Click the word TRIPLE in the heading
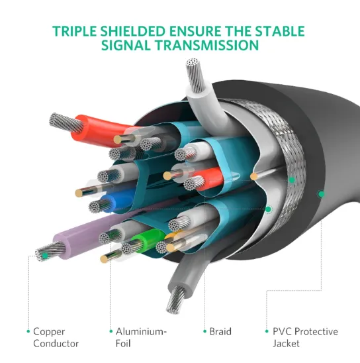pyautogui.click(x=74, y=31)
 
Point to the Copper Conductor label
pyautogui.click(x=56, y=337)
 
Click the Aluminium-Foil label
pyautogui.click(x=141, y=337)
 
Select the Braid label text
pyautogui.click(x=220, y=331)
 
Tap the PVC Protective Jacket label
pyautogui.click(x=305, y=337)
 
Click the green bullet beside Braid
pyautogui.click(x=205, y=331)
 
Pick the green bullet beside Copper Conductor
pyautogui.click(x=28, y=331)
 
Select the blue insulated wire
pyautogui.click(x=116, y=201)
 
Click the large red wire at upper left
pyautogui.click(x=99, y=130)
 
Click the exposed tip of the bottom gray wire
pyautogui.click(x=177, y=300)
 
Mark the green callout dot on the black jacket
pyautogui.click(x=321, y=194)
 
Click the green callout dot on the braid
pyautogui.click(x=292, y=180)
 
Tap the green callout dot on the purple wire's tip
pyautogui.click(x=45, y=256)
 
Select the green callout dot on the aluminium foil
pyautogui.click(x=268, y=209)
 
